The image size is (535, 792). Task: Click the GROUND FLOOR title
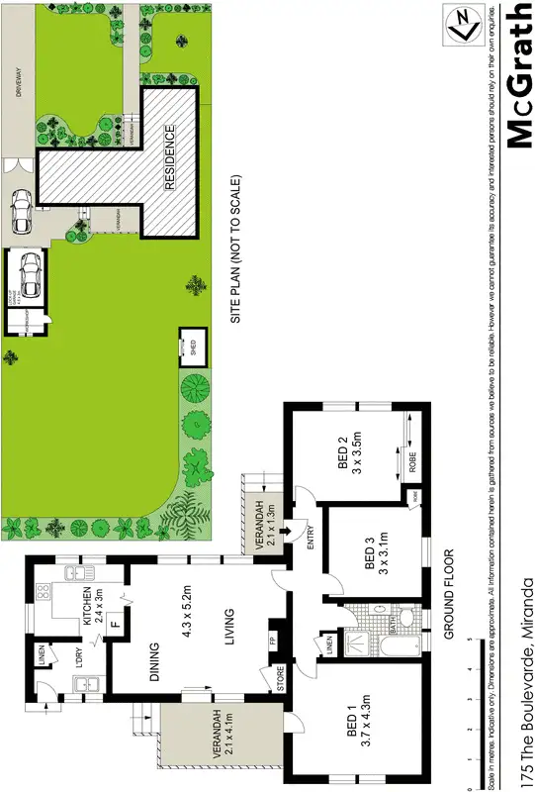click(x=448, y=594)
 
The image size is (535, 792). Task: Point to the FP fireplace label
click(x=274, y=638)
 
